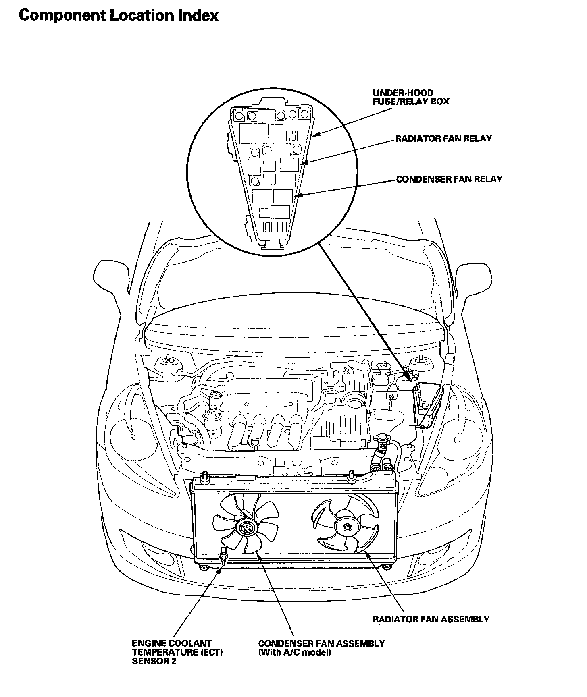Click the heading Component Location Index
119,15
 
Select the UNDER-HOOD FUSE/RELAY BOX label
410,97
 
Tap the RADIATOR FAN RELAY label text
443,139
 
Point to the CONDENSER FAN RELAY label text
449,179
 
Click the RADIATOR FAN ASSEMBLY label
431,619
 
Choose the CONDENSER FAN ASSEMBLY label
321,643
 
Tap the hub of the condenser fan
245,527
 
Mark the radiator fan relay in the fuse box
289,164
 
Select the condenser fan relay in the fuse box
284,196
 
